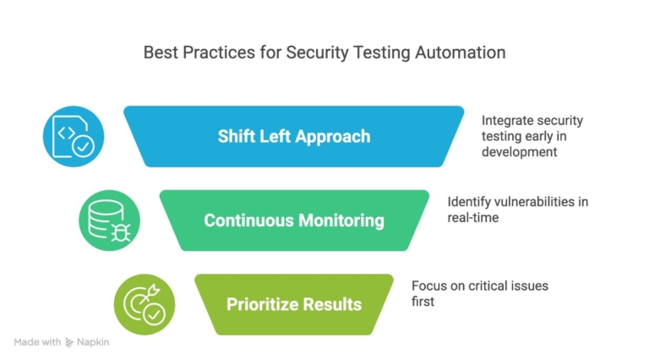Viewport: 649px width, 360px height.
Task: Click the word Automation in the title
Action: (461, 52)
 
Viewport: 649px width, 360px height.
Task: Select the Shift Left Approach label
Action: (293, 136)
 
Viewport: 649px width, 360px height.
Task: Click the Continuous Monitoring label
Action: (293, 221)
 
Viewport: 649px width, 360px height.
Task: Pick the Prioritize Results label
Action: (293, 304)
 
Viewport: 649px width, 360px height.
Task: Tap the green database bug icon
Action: (109, 220)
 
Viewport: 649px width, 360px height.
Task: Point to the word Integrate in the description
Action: (509, 121)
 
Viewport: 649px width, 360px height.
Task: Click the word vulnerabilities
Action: (523, 202)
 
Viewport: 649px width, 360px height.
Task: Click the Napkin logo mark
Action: (69, 342)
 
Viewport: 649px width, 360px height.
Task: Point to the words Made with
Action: (37, 342)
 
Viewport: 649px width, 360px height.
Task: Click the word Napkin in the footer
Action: (93, 342)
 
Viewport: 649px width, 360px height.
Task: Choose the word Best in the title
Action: (160, 52)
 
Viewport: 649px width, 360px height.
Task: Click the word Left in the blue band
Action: (271, 136)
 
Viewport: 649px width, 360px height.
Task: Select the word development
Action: (519, 151)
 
